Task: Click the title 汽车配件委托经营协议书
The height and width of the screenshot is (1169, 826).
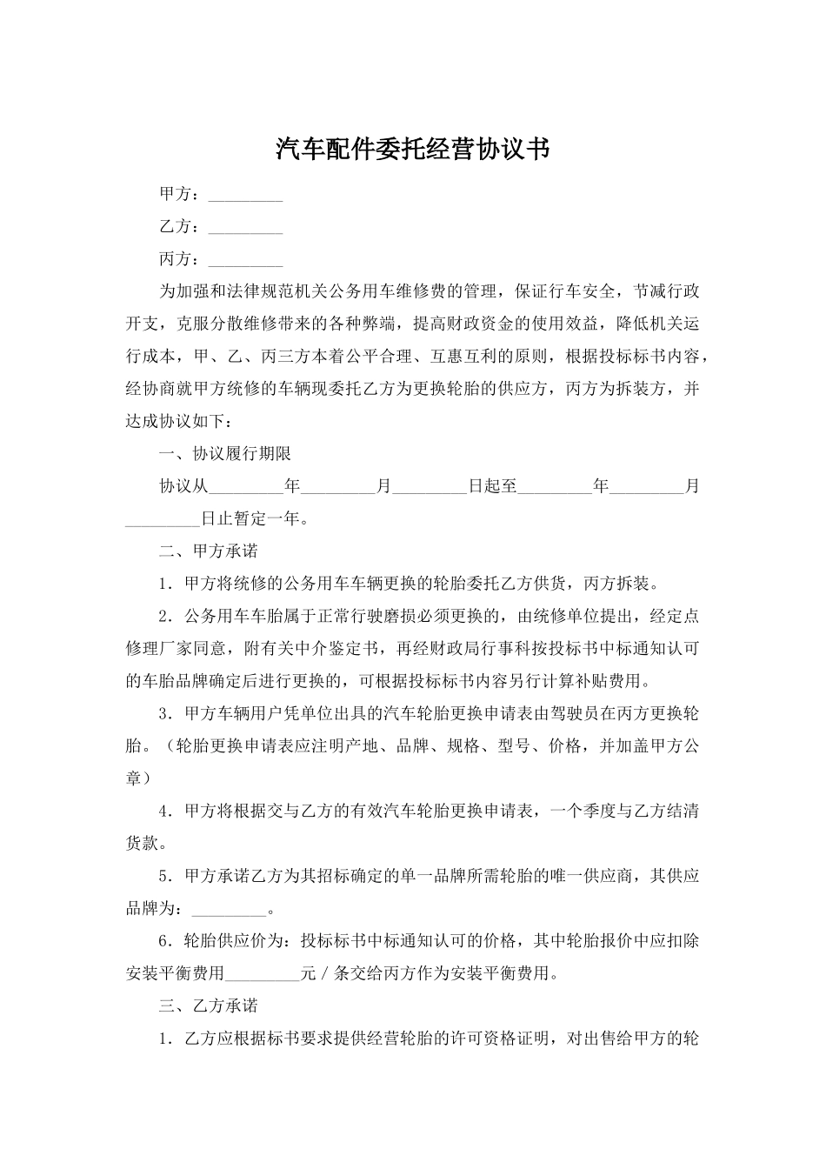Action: pos(413,149)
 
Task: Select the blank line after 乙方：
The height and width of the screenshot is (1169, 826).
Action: pos(246,227)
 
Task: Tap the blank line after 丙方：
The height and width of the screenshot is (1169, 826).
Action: pos(246,259)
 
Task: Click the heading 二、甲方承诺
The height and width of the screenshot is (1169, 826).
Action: pos(208,551)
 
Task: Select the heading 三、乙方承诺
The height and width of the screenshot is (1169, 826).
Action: pos(208,1005)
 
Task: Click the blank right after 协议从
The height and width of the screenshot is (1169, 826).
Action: pos(247,487)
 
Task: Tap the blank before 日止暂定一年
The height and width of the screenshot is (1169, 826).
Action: pos(163,519)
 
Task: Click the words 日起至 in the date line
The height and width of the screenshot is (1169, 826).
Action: pos(492,487)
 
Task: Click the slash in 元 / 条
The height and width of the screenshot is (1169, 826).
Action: pos(325,973)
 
